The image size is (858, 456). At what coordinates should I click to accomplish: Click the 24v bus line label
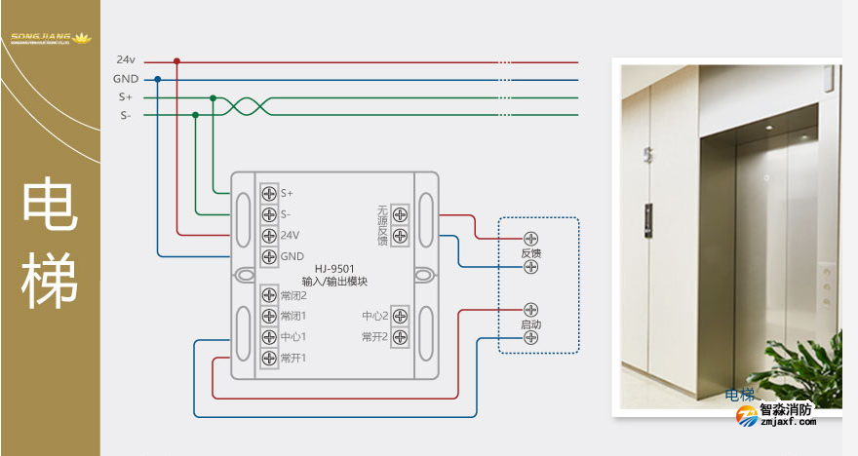click(x=125, y=60)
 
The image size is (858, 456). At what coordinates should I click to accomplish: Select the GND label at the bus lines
click(x=125, y=79)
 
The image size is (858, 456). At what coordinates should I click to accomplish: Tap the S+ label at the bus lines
click(x=125, y=97)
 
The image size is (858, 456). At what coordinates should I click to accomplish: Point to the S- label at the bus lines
click(x=125, y=116)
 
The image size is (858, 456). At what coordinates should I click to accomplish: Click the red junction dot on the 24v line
click(x=176, y=60)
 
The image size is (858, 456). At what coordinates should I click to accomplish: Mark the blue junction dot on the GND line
click(x=158, y=79)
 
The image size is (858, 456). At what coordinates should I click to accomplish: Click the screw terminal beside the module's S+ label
click(x=269, y=193)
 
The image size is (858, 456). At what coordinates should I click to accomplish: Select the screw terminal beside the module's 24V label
click(x=269, y=235)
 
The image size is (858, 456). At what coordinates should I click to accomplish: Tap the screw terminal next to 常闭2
click(x=269, y=295)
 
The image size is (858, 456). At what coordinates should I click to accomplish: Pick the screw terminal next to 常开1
click(x=269, y=358)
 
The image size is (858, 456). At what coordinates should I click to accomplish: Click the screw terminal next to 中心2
click(x=400, y=316)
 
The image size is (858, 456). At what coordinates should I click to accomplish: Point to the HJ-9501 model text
click(x=334, y=269)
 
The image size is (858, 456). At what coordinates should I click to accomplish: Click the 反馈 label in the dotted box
click(x=531, y=252)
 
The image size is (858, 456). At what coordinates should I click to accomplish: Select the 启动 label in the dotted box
click(x=531, y=323)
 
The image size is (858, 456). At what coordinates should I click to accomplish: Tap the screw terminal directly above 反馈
click(x=531, y=238)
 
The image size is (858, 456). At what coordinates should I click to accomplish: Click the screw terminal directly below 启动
click(x=531, y=337)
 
